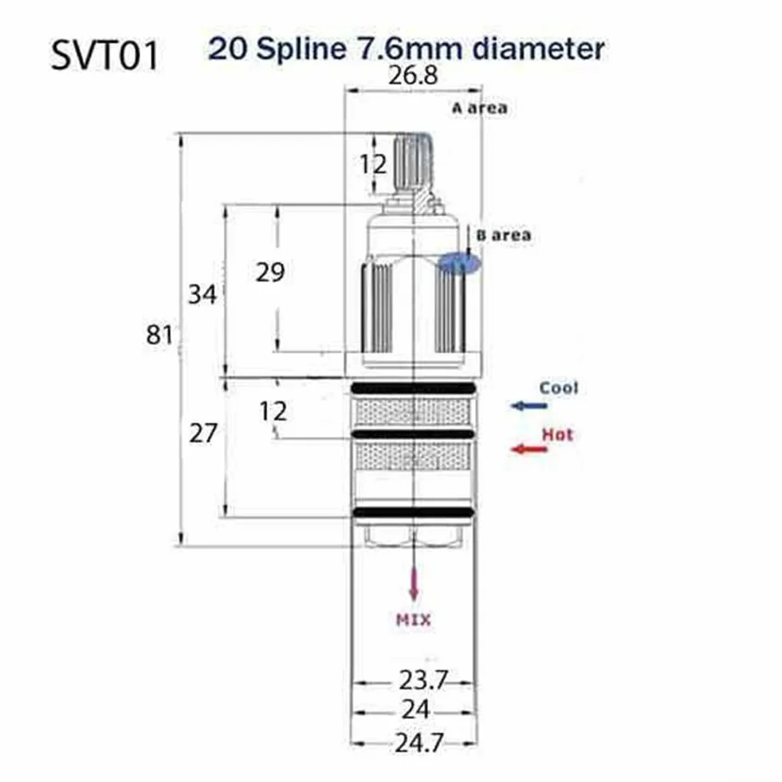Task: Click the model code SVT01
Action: click(104, 55)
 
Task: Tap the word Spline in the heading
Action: click(303, 50)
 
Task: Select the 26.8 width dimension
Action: click(413, 75)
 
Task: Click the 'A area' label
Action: click(480, 108)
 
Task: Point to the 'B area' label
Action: click(504, 235)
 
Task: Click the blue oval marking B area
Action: click(459, 263)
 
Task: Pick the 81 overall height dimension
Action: click(159, 334)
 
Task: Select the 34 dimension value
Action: click(202, 294)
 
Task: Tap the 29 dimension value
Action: click(270, 273)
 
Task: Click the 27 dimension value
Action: click(203, 433)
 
